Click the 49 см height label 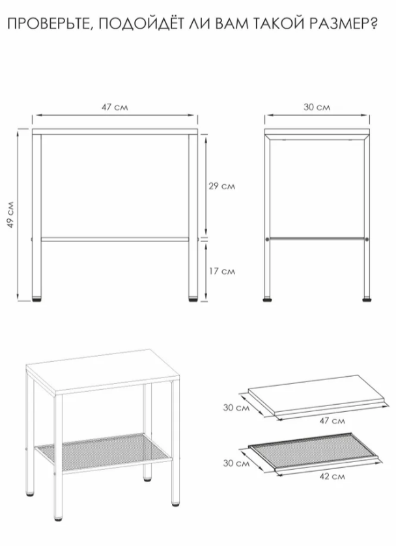pyautogui.click(x=11, y=215)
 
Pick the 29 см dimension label pyautogui.click(x=221, y=186)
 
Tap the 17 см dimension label pyautogui.click(x=221, y=271)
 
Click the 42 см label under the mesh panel pyautogui.click(x=332, y=476)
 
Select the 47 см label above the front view pyautogui.click(x=115, y=107)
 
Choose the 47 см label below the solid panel pyautogui.click(x=332, y=420)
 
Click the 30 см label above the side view pyautogui.click(x=317, y=107)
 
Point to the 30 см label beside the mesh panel pyautogui.click(x=236, y=463)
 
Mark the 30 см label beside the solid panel pyautogui.click(x=236, y=407)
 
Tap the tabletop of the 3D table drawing pyautogui.click(x=103, y=371)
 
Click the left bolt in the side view pyautogui.click(x=268, y=239)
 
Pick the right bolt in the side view pyautogui.click(x=367, y=239)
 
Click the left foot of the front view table pyautogui.click(x=36, y=299)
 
